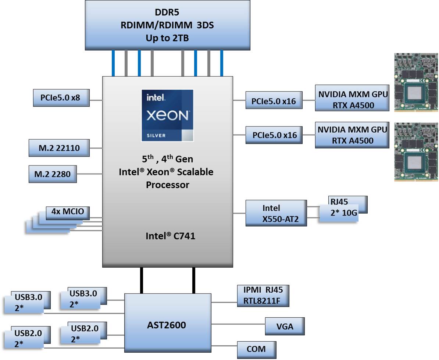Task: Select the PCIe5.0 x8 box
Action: click(61, 98)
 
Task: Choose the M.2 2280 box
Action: click(53, 174)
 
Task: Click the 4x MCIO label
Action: click(68, 212)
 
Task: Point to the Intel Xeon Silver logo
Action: click(167, 115)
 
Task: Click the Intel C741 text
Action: click(170, 236)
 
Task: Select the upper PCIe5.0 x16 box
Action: click(274, 100)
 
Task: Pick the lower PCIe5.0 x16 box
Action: click(274, 135)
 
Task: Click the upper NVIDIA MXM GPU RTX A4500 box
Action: click(352, 100)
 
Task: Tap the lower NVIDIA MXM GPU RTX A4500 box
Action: click(352, 135)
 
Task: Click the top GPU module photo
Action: click(416, 82)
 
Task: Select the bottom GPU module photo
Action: click(416, 152)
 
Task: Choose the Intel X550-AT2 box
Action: click(276, 213)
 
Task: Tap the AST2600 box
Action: click(168, 325)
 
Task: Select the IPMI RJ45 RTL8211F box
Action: click(263, 296)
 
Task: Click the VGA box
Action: click(285, 326)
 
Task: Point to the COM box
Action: click(256, 349)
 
